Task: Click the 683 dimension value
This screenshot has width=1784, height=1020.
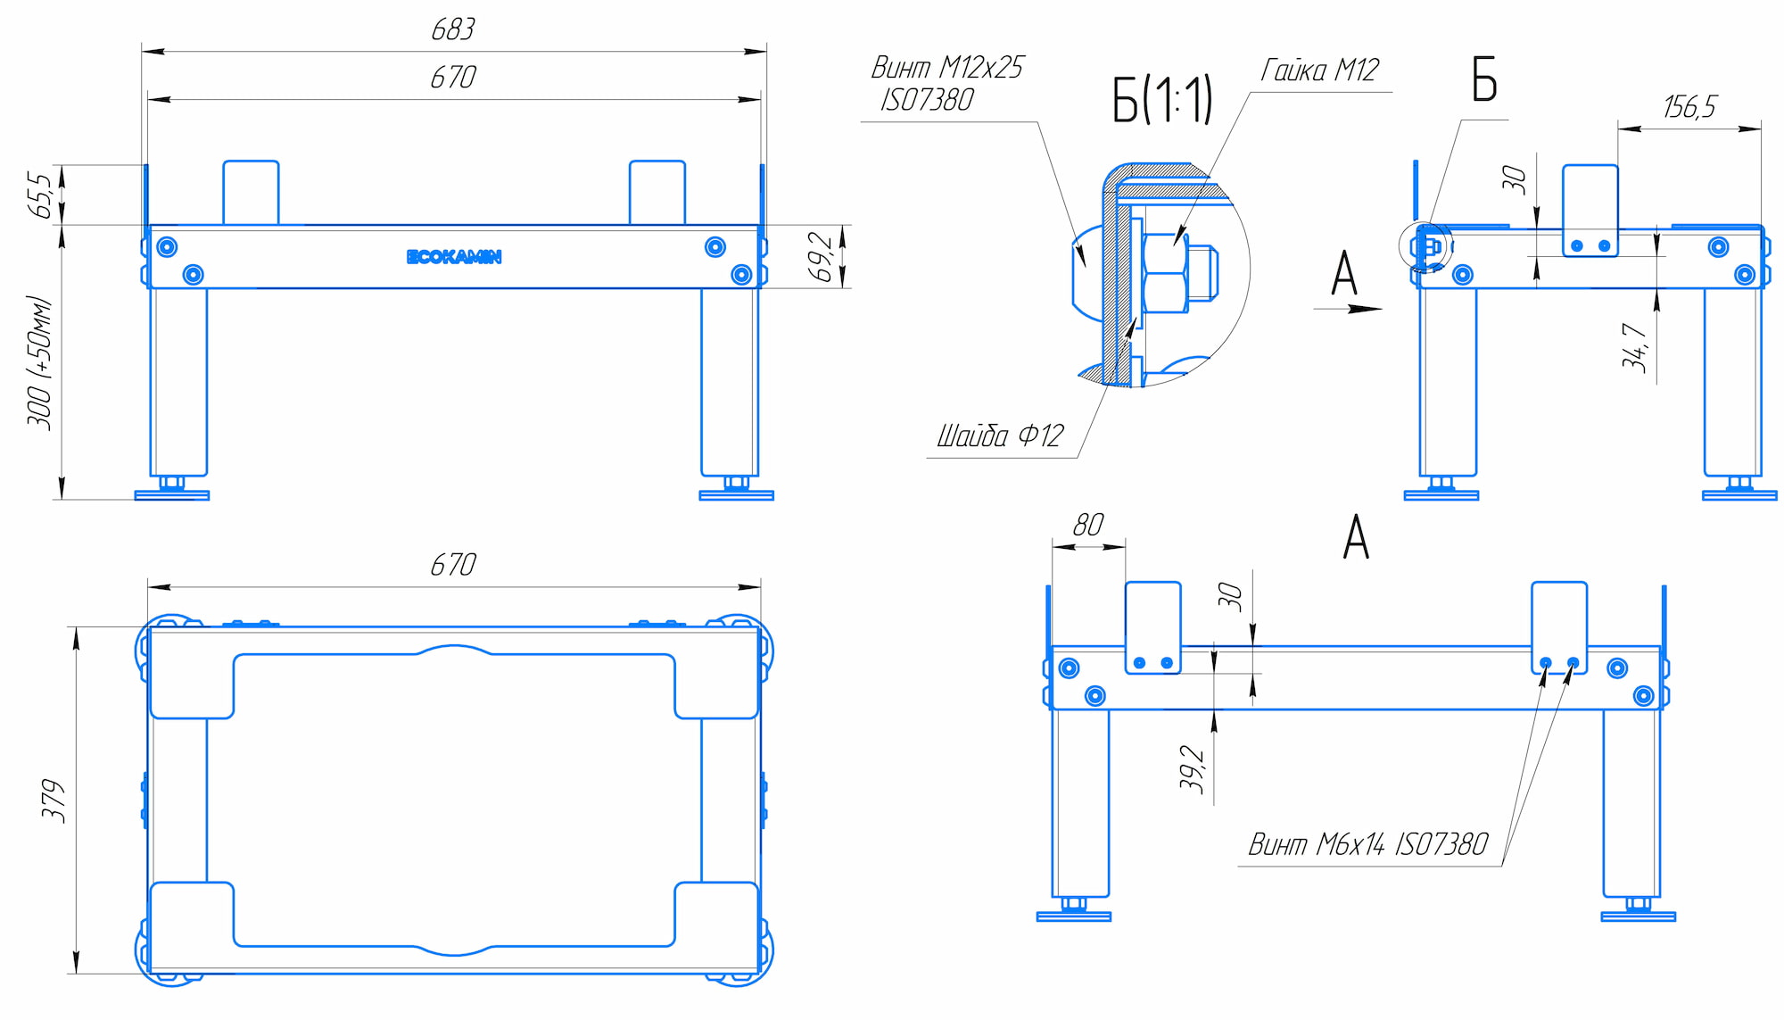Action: pos(453,30)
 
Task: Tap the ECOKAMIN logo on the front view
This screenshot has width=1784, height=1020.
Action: pos(454,257)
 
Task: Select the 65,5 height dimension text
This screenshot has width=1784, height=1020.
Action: pos(40,195)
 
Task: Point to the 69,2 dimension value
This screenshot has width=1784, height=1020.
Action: pos(822,257)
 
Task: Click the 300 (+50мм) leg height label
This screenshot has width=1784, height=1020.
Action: pos(40,362)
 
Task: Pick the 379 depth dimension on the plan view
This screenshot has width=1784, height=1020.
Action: pos(54,800)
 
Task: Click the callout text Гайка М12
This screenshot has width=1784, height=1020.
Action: pos(1319,70)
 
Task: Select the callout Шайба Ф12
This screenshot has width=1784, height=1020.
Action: pos(999,436)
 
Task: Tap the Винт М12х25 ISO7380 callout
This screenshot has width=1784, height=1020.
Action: pos(946,83)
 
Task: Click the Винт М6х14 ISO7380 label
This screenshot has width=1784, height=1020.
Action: pos(1367,844)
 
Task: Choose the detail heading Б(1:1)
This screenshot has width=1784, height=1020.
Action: pos(1161,99)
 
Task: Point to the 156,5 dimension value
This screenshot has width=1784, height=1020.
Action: pos(1689,107)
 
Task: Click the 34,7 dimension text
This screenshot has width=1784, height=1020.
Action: pos(1634,347)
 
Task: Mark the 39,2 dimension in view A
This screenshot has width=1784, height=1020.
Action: pos(1192,768)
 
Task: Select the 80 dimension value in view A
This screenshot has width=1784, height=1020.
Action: pos(1088,525)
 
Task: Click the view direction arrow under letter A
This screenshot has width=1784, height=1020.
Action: pos(1348,309)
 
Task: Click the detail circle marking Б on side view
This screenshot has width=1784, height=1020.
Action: pos(1425,245)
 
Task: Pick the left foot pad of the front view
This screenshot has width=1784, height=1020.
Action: pos(172,494)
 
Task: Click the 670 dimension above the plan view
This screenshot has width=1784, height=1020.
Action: pos(453,565)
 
